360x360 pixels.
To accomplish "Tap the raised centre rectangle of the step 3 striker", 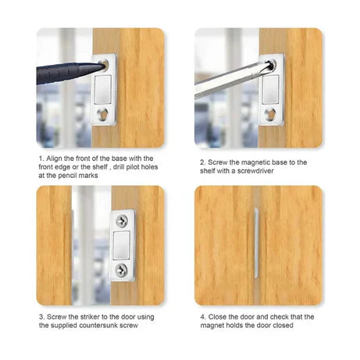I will coord(123,246).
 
